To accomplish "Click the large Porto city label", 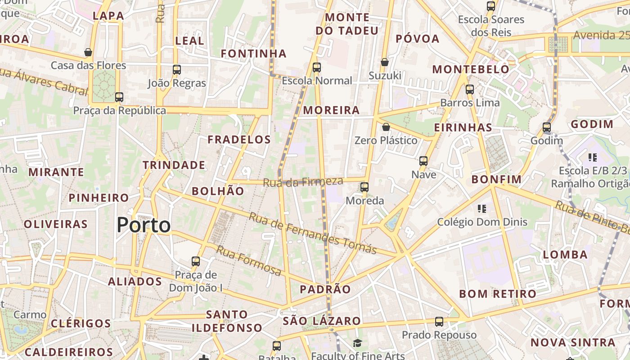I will [x=144, y=225].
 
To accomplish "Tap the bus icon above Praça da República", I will [x=119, y=97].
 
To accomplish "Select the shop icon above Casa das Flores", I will [x=88, y=52].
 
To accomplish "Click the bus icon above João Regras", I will [x=177, y=70].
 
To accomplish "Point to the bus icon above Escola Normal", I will [x=317, y=67].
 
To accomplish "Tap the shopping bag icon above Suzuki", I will [x=384, y=62].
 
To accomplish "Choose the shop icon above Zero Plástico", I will [x=386, y=127].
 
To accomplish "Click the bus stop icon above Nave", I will [x=423, y=161].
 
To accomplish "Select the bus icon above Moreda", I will [x=364, y=187].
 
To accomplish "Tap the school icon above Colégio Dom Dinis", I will [x=482, y=208].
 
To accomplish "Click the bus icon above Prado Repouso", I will [x=439, y=322].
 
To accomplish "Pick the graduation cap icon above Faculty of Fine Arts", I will [x=357, y=343].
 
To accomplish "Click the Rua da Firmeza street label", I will [x=303, y=182].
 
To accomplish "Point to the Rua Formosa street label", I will [x=249, y=261].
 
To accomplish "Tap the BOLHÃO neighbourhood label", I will [x=218, y=191].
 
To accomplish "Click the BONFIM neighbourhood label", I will [x=496, y=180].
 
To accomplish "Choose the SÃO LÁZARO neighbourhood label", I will [x=322, y=321].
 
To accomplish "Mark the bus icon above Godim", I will [x=547, y=127].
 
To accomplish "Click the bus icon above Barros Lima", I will [x=470, y=89].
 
